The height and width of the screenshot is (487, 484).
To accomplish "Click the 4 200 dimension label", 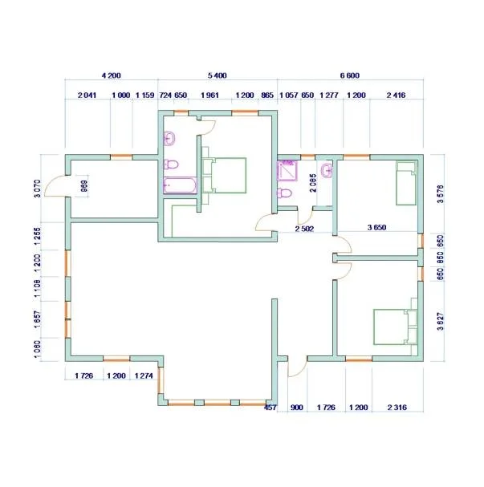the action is [112, 75].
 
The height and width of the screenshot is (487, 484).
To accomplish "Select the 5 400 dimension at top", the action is [218, 75].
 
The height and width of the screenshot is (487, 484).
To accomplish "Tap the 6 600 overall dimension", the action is [350, 75].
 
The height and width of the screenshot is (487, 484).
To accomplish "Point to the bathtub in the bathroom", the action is [180, 185].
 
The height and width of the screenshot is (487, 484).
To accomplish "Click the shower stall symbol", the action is [287, 171].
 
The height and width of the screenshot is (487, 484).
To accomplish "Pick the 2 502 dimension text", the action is [304, 229].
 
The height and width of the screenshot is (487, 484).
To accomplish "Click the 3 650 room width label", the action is [376, 227].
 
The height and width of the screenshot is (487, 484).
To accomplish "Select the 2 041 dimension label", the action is [87, 95].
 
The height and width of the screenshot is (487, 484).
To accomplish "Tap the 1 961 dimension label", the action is [209, 95].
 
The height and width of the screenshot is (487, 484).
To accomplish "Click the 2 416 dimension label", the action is [396, 95].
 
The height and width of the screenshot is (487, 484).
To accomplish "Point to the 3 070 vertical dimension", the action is [38, 189].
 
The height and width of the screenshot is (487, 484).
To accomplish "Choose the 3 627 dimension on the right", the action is [441, 321].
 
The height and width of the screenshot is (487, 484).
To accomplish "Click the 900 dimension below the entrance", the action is [297, 408].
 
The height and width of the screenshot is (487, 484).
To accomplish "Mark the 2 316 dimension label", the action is [397, 408].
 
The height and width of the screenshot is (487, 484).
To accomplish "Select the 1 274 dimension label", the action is [144, 375].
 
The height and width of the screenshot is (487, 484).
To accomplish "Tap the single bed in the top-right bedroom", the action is [406, 183].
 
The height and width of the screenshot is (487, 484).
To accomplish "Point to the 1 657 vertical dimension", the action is [37, 319].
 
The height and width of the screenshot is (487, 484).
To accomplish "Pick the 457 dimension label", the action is [270, 408].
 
